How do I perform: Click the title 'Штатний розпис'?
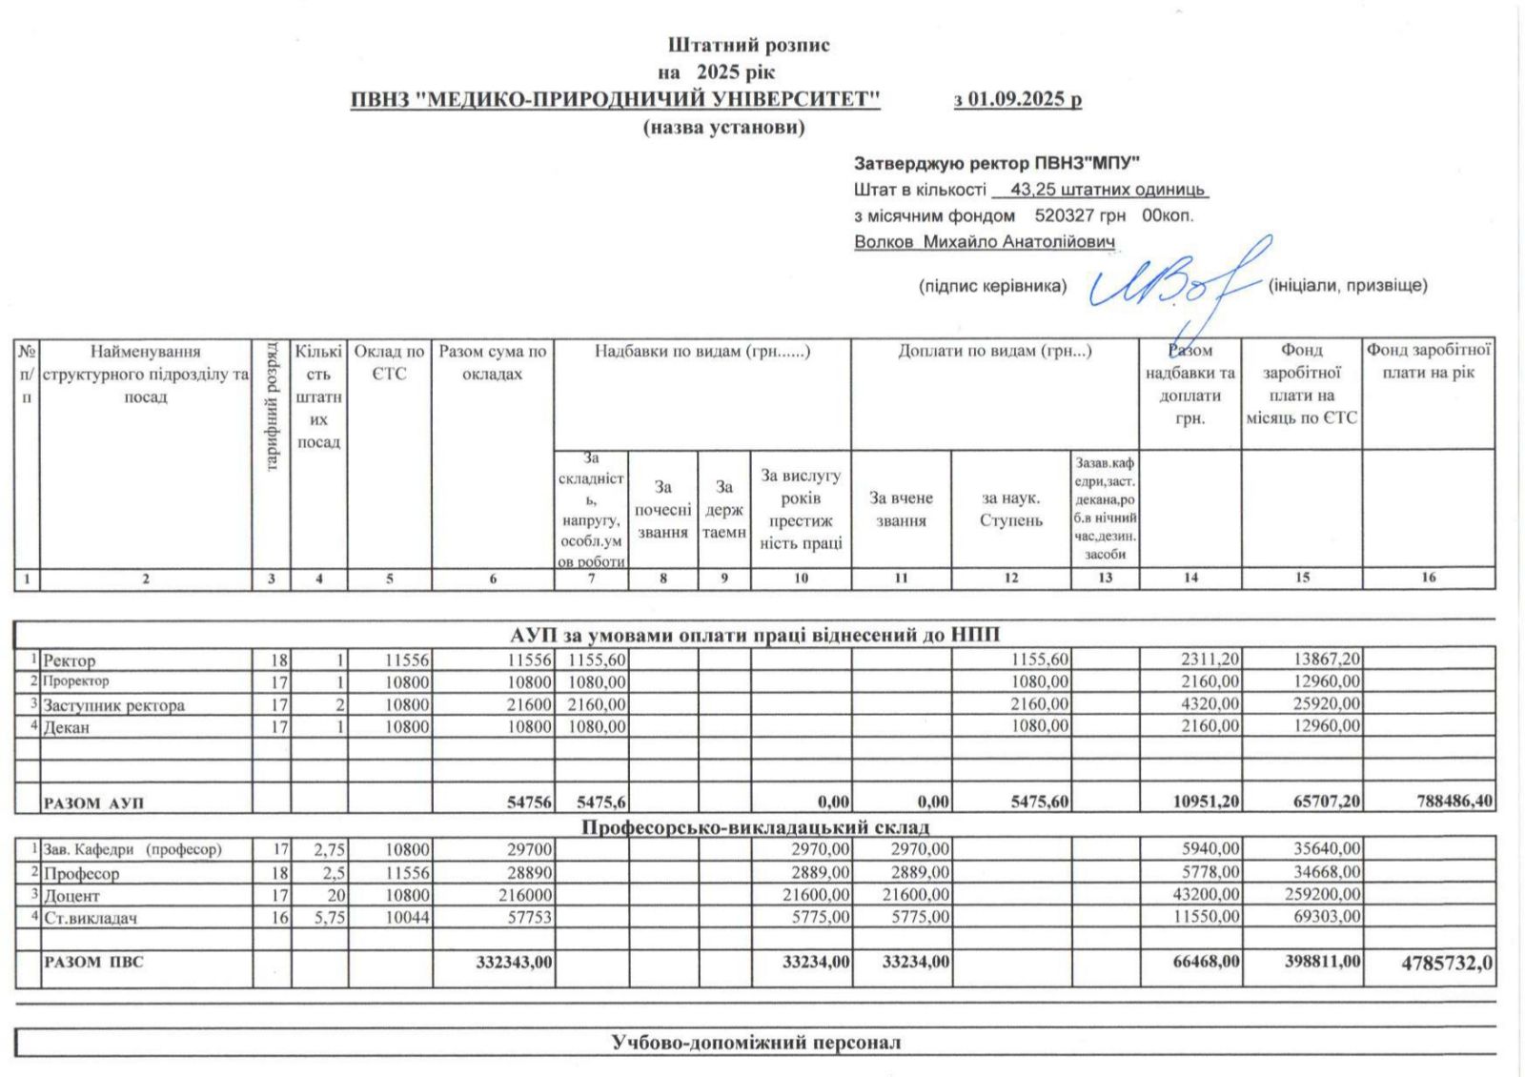click(748, 45)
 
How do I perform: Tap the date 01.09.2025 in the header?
click(1017, 99)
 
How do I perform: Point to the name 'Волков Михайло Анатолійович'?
click(984, 242)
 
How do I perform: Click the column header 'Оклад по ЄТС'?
click(389, 362)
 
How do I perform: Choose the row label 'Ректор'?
click(70, 660)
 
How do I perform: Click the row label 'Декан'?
click(66, 727)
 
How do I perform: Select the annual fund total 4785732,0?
click(1446, 963)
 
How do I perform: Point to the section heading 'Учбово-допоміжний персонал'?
click(755, 1042)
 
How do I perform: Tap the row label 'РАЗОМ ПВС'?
click(93, 963)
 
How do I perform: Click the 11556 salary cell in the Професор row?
click(407, 873)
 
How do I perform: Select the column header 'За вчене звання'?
click(901, 509)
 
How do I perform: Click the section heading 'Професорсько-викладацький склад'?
click(755, 826)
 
